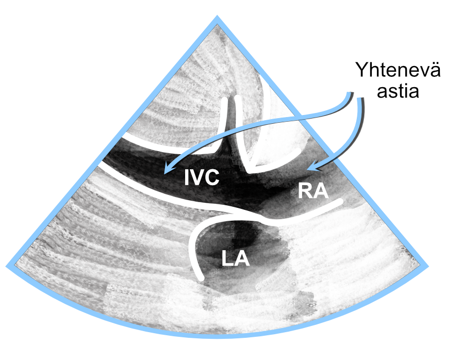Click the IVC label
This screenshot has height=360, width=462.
pyautogui.click(x=202, y=177)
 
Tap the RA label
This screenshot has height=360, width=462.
pyautogui.click(x=313, y=191)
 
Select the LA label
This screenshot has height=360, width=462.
pyautogui.click(x=236, y=258)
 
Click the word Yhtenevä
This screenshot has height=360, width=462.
pyautogui.click(x=398, y=70)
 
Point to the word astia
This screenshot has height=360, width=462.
pyautogui.click(x=398, y=91)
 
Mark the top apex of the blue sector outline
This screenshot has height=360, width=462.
pyautogui.click(x=217, y=17)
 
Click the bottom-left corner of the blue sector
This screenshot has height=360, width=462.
pyautogui.click(x=7, y=266)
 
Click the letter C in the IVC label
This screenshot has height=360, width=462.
pyautogui.click(x=212, y=177)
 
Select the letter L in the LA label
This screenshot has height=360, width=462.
pyautogui.click(x=227, y=258)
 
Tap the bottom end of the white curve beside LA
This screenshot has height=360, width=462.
pyautogui.click(x=201, y=277)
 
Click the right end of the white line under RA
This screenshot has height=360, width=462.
pyautogui.click(x=341, y=202)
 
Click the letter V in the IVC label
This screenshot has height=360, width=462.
pyautogui.click(x=197, y=177)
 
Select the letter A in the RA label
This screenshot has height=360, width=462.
pyautogui.click(x=321, y=191)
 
